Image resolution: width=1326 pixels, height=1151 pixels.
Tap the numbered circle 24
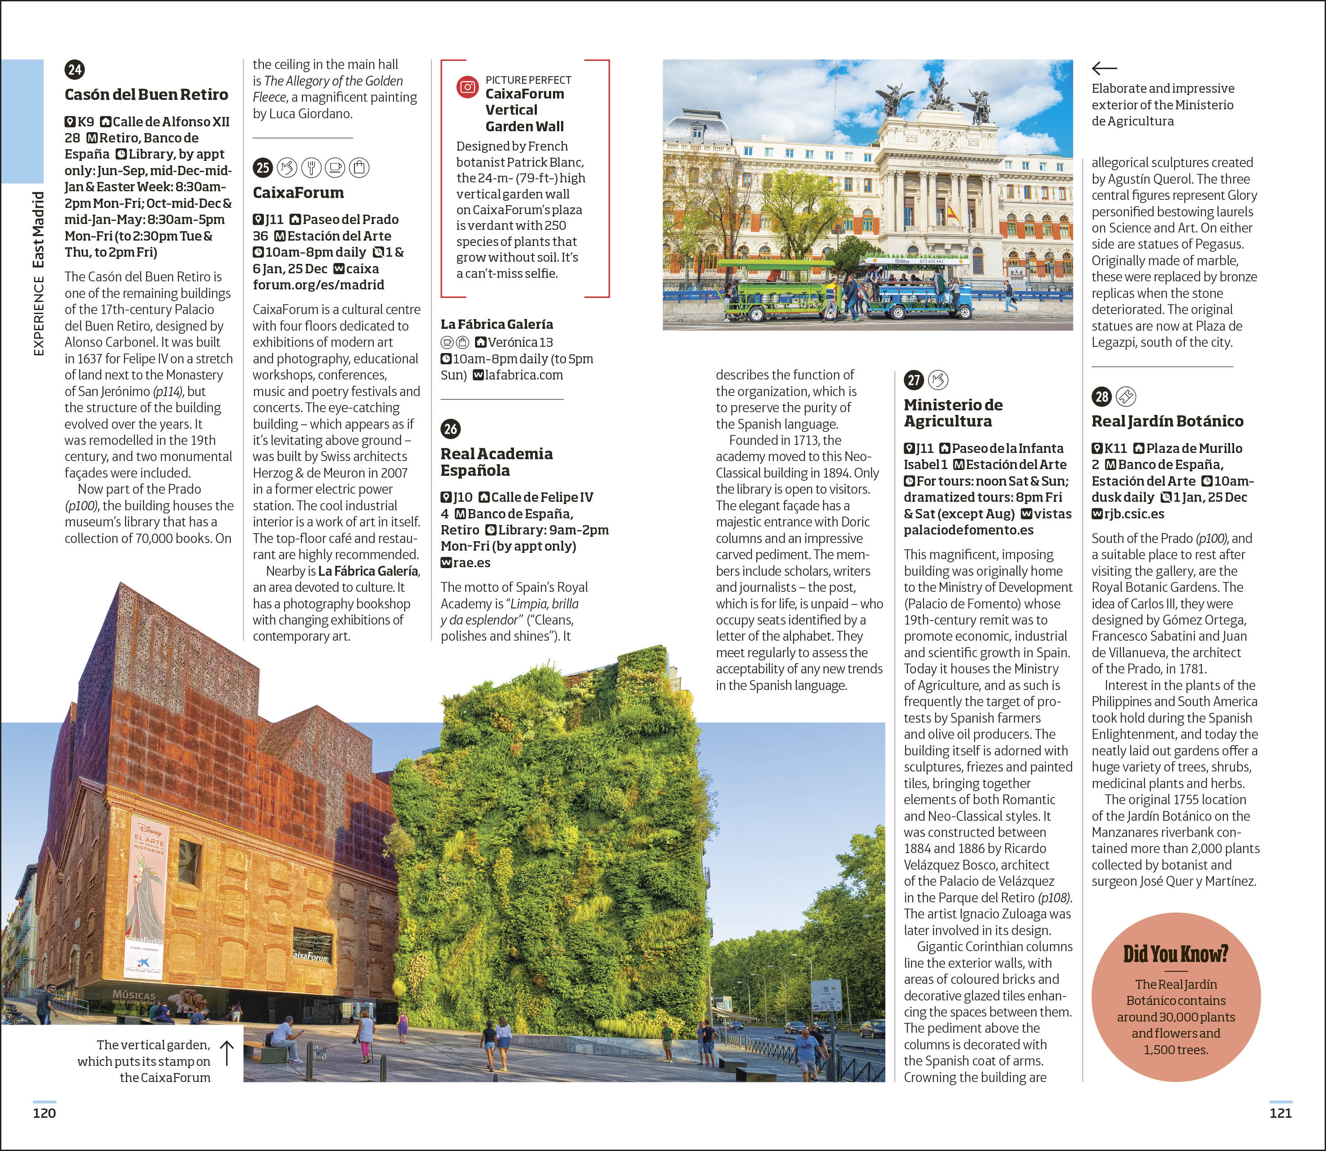click(74, 69)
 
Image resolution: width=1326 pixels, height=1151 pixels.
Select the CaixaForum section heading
click(298, 193)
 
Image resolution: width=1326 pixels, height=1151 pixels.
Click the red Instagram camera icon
click(467, 87)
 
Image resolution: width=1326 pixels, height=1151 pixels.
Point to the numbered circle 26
click(450, 428)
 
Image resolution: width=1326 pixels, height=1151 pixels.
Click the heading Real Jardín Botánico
click(1166, 421)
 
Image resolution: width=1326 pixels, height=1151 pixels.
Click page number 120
click(44, 1113)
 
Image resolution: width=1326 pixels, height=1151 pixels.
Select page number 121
click(1280, 1113)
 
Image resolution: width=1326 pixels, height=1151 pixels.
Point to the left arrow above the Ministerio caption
click(1104, 68)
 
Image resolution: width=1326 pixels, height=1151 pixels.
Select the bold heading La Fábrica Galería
click(497, 324)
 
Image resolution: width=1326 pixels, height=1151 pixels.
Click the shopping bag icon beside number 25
click(359, 168)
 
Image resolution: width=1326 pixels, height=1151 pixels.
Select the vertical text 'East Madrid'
click(39, 229)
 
